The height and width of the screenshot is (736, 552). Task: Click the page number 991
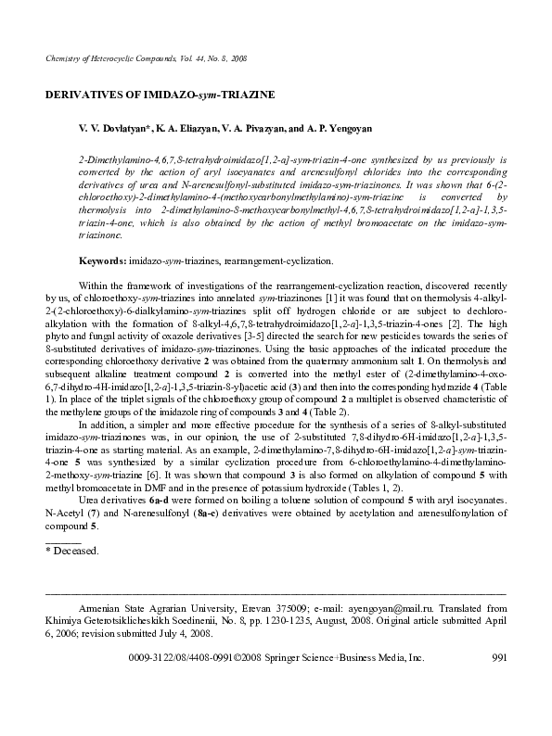point(497,657)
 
